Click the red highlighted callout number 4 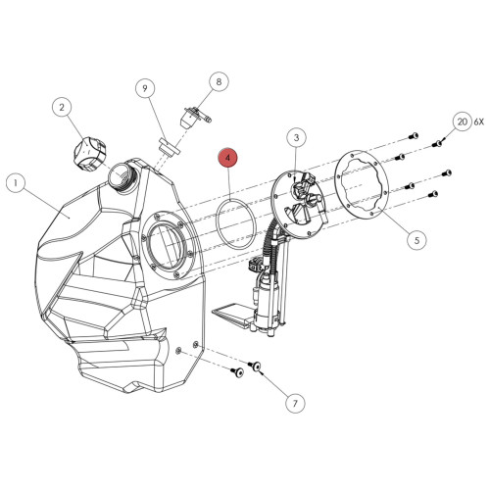coord(227,157)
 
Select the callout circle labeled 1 coord(15,182)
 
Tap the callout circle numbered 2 coord(62,107)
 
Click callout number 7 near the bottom coord(292,401)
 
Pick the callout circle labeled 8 coord(218,83)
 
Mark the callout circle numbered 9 coord(145,89)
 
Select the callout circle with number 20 coord(461,122)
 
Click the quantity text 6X coord(479,122)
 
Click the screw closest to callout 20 coord(438,142)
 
